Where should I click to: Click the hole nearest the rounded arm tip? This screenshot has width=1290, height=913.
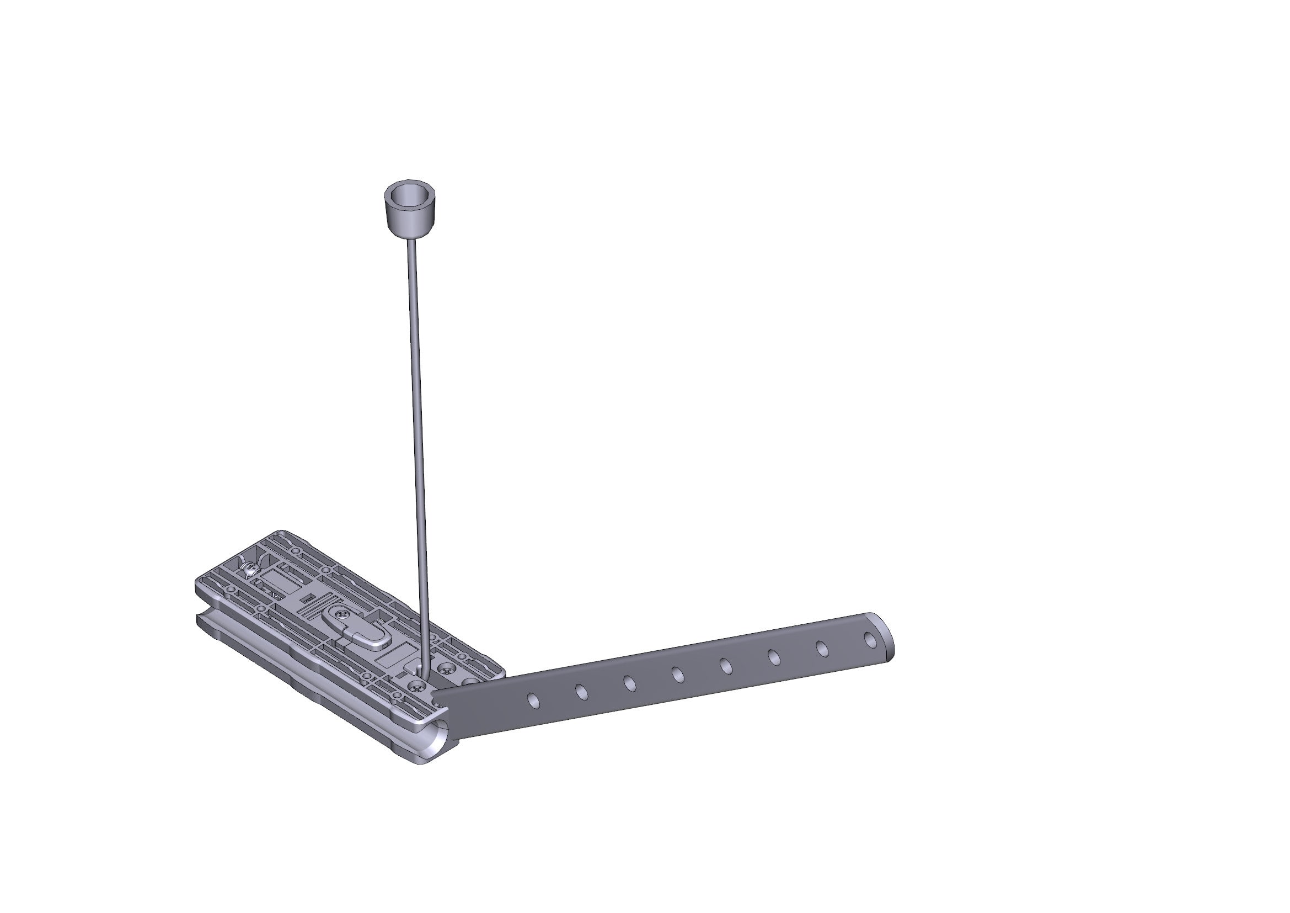pyautogui.click(x=870, y=640)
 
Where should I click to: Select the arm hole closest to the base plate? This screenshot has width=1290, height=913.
pyautogui.click(x=533, y=700)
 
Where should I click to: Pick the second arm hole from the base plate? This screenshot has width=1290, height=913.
pyautogui.click(x=581, y=692)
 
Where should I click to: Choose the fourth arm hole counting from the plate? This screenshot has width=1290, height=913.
pyautogui.click(x=678, y=675)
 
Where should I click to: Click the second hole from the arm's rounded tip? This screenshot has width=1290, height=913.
pyautogui.click(x=822, y=649)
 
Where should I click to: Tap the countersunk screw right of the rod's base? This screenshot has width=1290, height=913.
pyautogui.click(x=448, y=670)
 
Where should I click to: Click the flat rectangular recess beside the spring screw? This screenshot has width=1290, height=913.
pyautogui.click(x=275, y=579)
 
